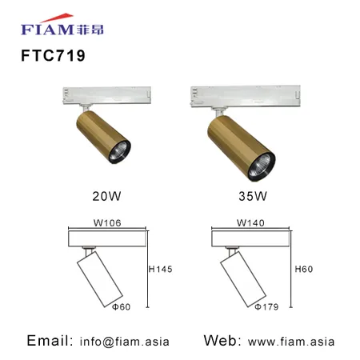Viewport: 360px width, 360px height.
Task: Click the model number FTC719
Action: coord(53,55)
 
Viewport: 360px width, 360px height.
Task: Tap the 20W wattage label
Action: coord(106,196)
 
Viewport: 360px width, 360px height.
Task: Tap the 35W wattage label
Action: coord(253,196)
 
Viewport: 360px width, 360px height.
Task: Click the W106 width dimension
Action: coord(107,222)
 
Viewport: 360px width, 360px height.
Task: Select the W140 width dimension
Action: coord(250,222)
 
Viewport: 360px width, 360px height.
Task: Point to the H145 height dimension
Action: coord(160,269)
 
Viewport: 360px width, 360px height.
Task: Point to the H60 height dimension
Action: coord(304,269)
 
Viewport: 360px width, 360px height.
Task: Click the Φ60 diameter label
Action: coord(122,307)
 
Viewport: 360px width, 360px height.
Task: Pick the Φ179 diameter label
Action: coord(266,307)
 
